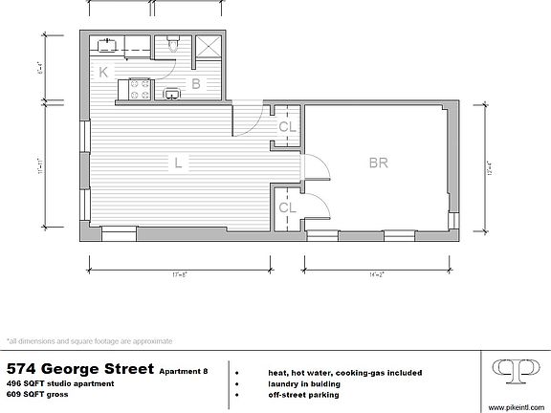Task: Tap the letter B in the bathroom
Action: pos(195,84)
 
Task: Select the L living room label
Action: pos(178,163)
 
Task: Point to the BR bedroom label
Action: pos(379,163)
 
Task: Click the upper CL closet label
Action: pos(287,126)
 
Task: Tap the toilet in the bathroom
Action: pos(172,43)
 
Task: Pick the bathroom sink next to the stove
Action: pos(173,93)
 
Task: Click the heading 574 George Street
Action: pos(78,368)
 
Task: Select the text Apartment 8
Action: pos(184,371)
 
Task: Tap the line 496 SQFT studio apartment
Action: pos(59,383)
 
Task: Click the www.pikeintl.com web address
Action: pos(517,406)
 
